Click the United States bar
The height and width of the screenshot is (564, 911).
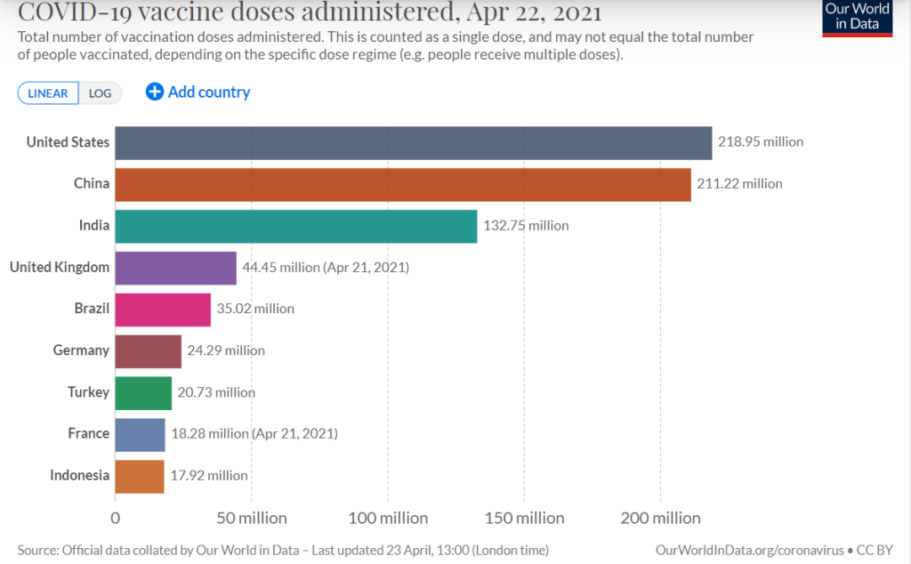click(414, 142)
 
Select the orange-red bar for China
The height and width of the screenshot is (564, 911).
click(403, 184)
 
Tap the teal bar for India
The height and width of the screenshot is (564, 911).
click(296, 226)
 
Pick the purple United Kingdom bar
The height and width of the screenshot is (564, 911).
click(176, 267)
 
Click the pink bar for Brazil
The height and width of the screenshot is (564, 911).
click(163, 309)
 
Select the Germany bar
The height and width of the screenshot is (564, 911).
click(149, 350)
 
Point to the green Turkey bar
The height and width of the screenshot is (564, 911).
click(143, 392)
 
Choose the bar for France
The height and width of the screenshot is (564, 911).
click(141, 434)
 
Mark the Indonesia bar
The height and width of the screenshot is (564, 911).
click(140, 476)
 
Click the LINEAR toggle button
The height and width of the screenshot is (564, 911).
click(48, 93)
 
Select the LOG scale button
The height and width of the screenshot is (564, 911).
click(100, 93)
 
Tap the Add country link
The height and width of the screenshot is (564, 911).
click(198, 93)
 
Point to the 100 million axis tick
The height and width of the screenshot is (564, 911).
click(387, 518)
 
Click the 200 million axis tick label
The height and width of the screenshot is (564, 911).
click(659, 518)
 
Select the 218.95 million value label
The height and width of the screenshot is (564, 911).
click(761, 142)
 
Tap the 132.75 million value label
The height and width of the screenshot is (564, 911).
click(526, 226)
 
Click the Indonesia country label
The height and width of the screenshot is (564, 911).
click(80, 476)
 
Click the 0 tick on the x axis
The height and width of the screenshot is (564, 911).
click(116, 518)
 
